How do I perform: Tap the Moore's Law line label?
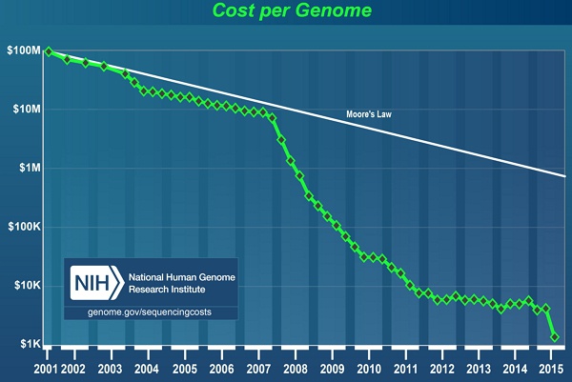tap(370, 116)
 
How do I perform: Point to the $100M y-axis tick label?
tap(24, 51)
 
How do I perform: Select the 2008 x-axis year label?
tap(295, 367)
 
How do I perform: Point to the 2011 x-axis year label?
tap(405, 367)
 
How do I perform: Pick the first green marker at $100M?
tap(49, 51)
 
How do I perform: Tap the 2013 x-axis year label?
tap(479, 367)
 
